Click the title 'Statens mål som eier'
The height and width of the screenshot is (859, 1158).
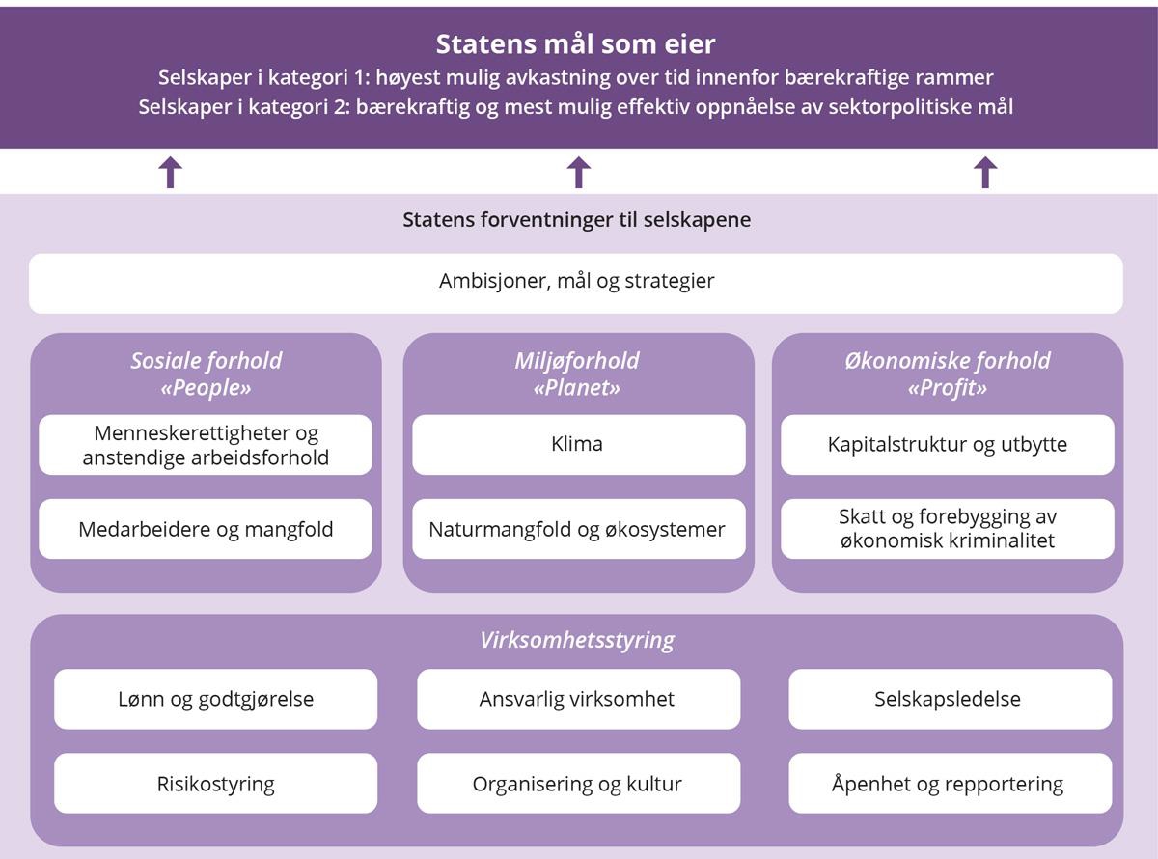coord(576,44)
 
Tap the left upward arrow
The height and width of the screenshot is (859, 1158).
coord(170,172)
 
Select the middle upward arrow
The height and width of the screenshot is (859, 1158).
coord(578,172)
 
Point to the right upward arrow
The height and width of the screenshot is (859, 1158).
coord(985,172)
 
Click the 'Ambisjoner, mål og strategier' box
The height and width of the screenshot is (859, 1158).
coord(576,283)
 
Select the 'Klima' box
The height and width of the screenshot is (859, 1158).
coord(578,445)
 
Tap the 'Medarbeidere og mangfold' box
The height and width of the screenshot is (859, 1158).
coord(206,529)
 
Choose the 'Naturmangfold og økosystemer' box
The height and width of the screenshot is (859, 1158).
coord(578,529)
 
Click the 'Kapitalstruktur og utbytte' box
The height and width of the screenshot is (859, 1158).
coord(947,445)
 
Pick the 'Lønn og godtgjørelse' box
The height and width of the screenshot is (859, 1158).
coord(215,699)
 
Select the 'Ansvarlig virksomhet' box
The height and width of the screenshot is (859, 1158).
coord(578,699)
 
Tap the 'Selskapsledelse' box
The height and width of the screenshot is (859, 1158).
coord(950,699)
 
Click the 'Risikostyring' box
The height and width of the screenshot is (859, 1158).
coord(215,784)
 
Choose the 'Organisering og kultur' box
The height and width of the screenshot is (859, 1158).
coord(578,784)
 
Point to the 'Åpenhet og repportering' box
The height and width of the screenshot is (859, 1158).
coord(950,784)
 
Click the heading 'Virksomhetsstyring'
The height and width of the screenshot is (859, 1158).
coord(577,640)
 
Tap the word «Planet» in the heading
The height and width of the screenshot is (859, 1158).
coord(577,388)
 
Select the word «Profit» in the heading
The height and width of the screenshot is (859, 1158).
coord(948,388)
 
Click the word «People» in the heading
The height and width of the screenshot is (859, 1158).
coord(206,388)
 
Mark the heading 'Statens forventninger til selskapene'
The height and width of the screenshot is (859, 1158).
coord(576,220)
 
